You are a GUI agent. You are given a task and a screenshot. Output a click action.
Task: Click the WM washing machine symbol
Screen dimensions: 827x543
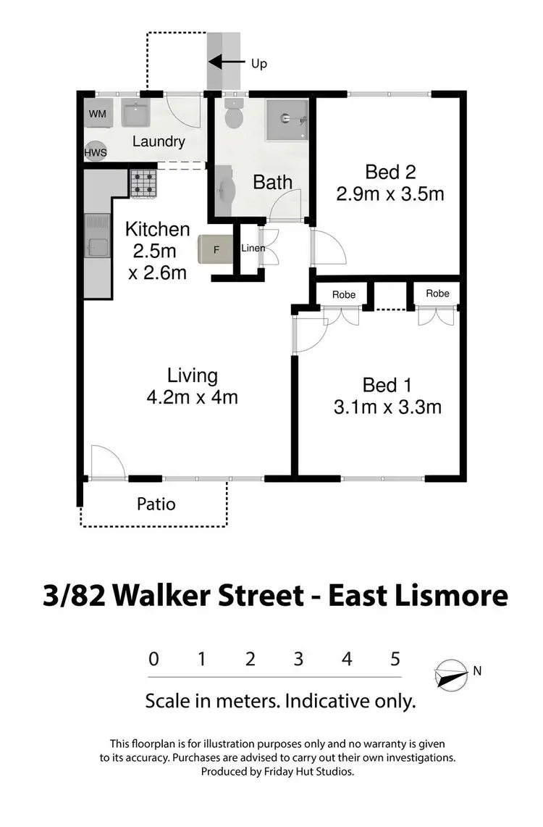97,115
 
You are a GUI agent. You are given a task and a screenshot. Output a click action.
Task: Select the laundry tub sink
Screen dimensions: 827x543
135,114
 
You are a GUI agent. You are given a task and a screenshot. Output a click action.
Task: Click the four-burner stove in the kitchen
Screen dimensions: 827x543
143,183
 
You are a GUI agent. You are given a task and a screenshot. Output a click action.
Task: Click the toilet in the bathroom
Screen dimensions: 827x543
233,115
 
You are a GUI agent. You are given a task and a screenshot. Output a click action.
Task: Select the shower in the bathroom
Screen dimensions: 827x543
287,119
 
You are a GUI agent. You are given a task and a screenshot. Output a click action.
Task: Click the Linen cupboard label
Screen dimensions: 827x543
253,249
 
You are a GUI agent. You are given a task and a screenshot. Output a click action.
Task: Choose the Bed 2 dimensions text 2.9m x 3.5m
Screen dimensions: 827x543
390,194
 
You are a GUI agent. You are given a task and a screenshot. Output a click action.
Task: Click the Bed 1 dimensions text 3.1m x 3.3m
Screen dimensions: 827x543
387,407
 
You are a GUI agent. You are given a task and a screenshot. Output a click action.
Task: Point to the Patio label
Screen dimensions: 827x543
156,503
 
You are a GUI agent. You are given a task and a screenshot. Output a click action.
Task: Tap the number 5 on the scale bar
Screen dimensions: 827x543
395,660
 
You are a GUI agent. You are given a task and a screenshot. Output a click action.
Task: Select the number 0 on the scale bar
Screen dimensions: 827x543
153,660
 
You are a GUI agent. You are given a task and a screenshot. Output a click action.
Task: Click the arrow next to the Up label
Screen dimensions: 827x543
231,64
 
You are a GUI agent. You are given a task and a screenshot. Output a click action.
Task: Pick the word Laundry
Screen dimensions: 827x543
159,141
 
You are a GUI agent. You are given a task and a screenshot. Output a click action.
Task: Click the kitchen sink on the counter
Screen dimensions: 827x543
96,237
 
